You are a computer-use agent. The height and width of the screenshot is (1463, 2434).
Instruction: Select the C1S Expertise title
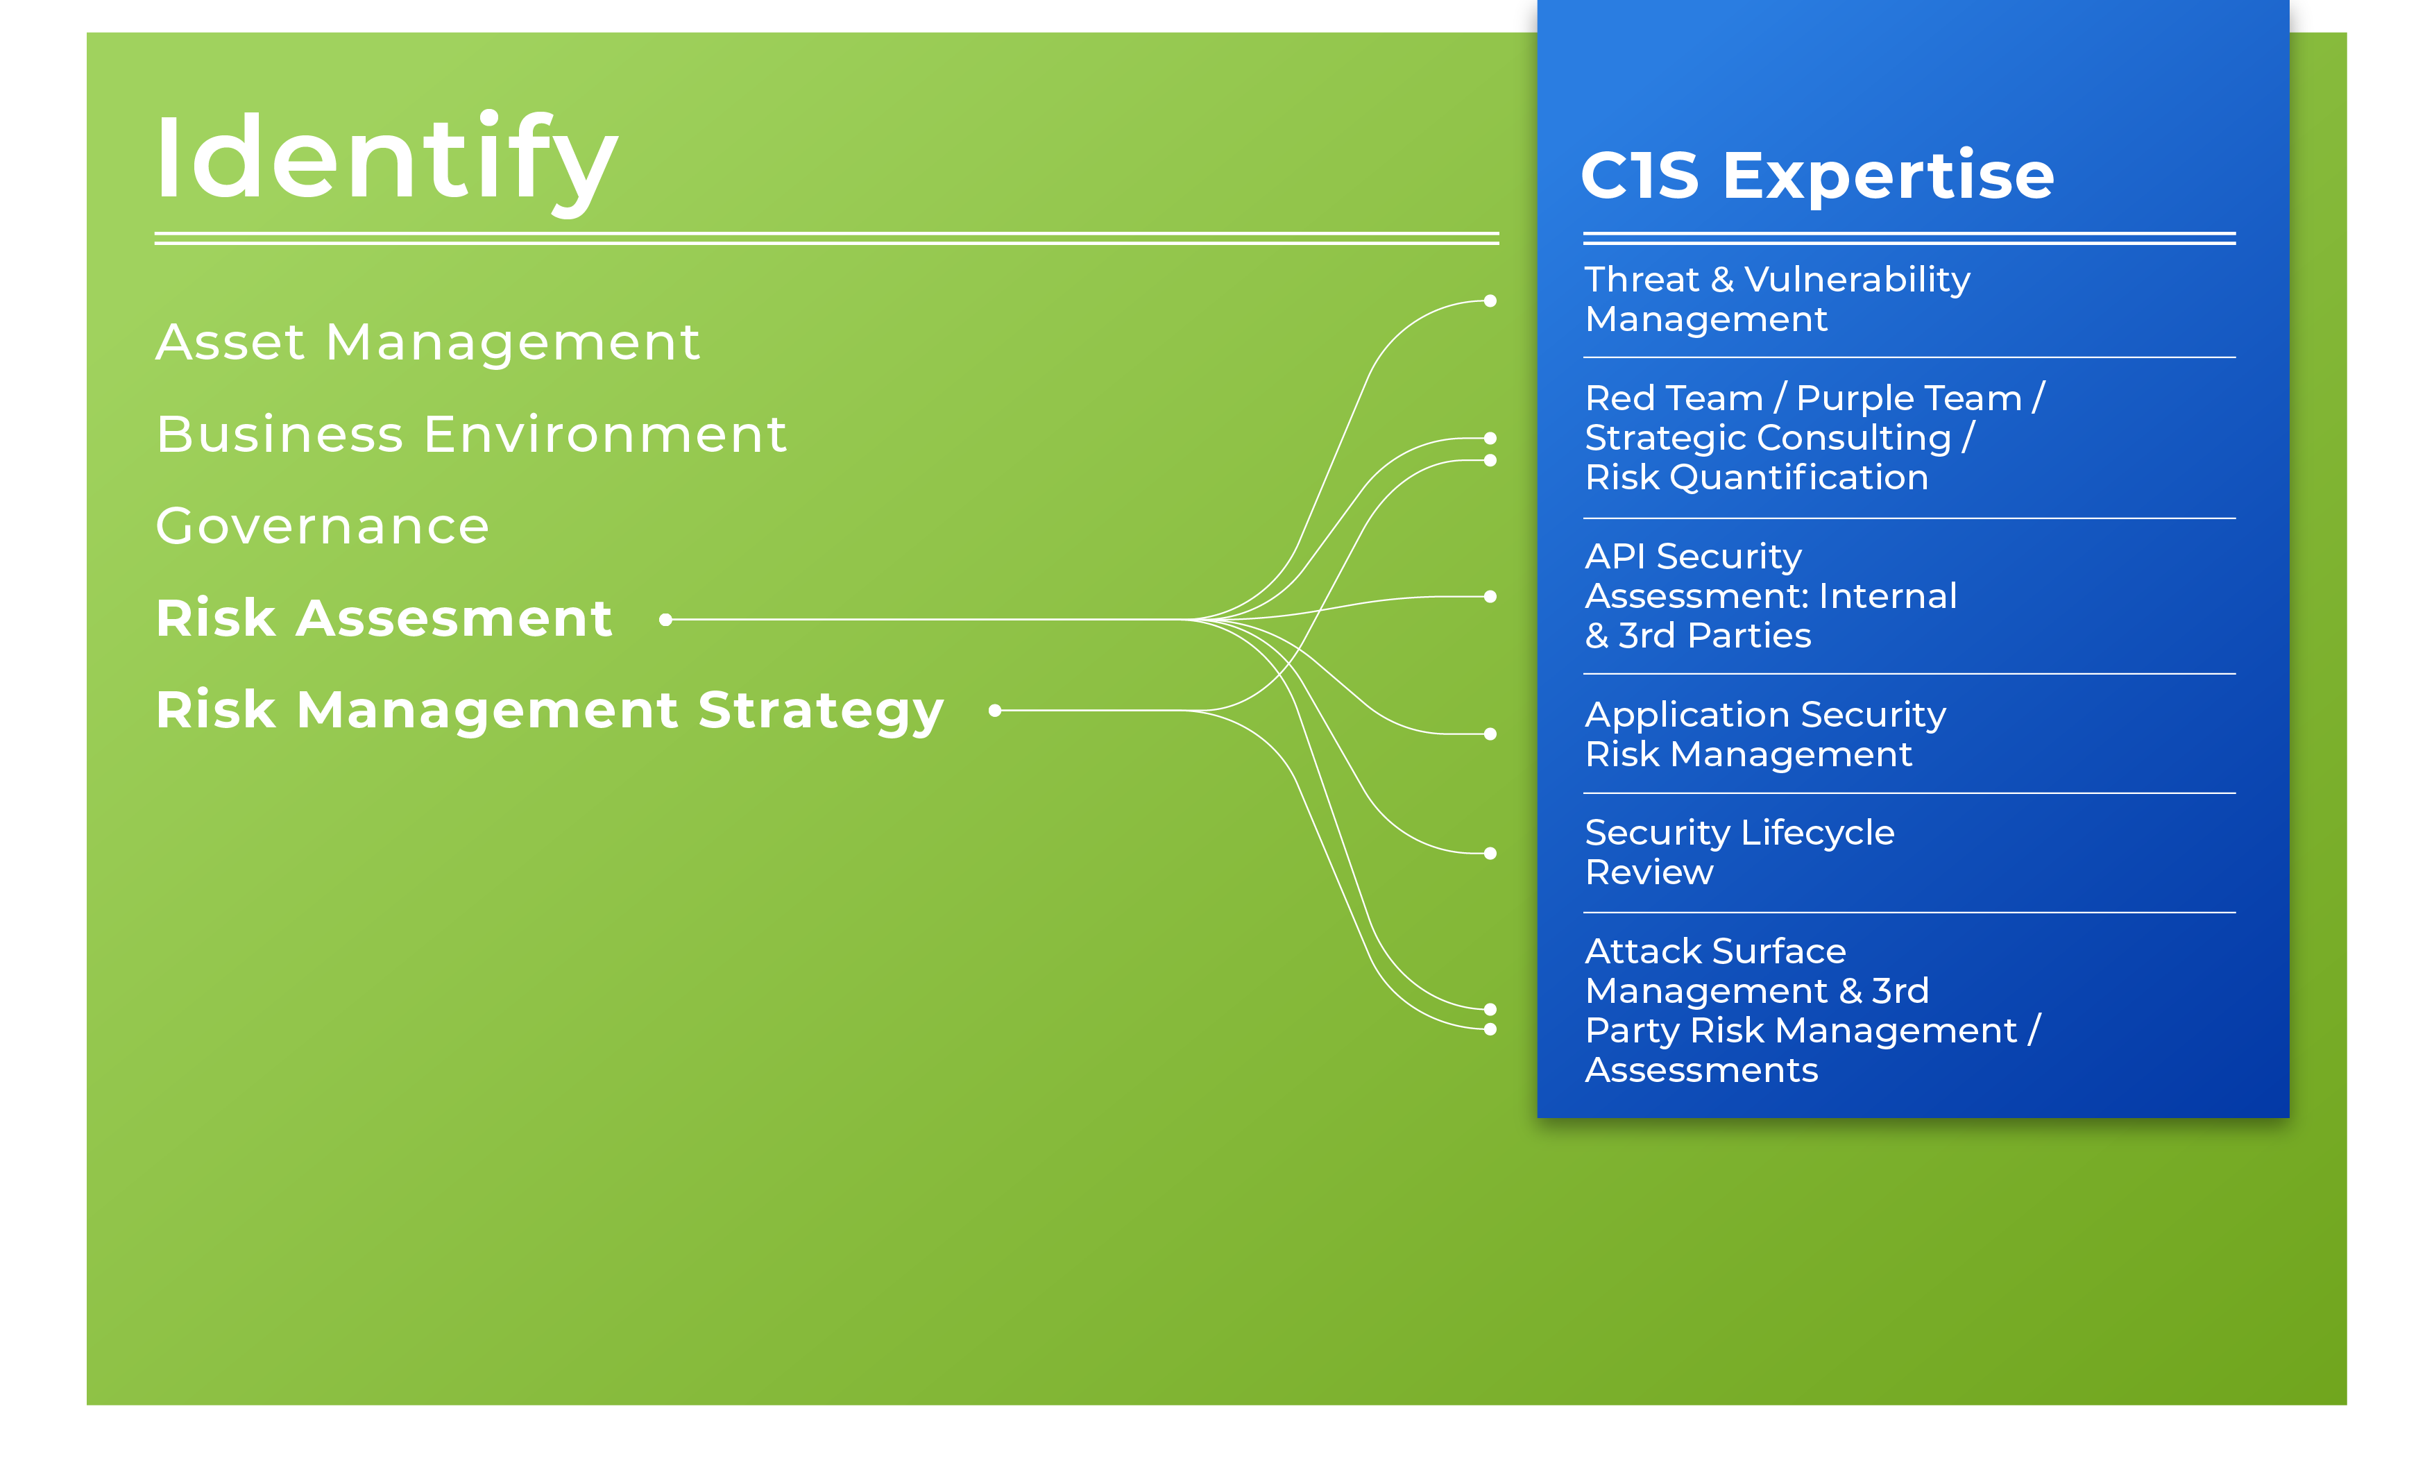tap(1817, 176)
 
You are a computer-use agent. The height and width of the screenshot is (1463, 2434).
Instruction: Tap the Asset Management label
tap(427, 342)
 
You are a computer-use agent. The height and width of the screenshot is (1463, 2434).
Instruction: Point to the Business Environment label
tap(471, 434)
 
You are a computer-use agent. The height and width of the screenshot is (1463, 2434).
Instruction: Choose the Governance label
tap(322, 525)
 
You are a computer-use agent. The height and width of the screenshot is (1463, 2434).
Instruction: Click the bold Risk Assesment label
tap(384, 618)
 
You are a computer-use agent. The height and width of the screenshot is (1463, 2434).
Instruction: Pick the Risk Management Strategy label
tap(550, 711)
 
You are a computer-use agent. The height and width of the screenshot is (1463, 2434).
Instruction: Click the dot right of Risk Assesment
tap(666, 620)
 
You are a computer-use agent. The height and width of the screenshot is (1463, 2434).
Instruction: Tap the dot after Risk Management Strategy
tap(995, 711)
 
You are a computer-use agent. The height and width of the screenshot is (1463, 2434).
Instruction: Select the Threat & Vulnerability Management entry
tap(1778, 298)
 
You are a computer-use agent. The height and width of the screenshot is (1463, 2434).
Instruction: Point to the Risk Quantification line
tap(1757, 477)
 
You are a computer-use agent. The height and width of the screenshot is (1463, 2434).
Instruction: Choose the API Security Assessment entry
tap(1771, 595)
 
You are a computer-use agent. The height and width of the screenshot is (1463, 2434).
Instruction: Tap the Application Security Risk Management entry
tap(1766, 734)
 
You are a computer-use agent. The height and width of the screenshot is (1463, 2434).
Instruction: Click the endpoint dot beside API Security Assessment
tap(1490, 596)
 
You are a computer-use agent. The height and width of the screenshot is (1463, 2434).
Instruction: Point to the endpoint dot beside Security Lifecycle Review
tap(1490, 854)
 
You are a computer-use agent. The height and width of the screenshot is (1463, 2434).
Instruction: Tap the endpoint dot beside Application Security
tap(1490, 734)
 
